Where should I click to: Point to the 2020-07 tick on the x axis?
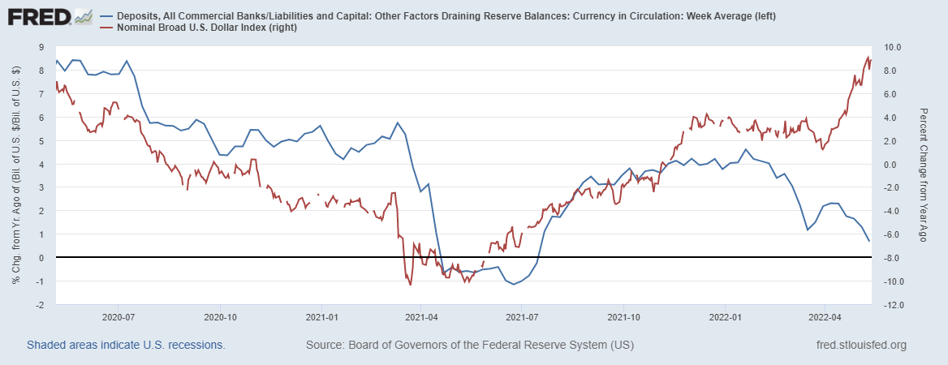[x=118, y=317]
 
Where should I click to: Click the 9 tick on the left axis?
[x=41, y=47]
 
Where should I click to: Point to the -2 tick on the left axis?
[x=40, y=305]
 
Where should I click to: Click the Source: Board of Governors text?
[x=469, y=346]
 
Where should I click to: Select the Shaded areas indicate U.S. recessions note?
[x=126, y=346]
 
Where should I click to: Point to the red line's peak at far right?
[x=868, y=57]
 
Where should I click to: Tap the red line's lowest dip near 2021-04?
[x=411, y=285]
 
